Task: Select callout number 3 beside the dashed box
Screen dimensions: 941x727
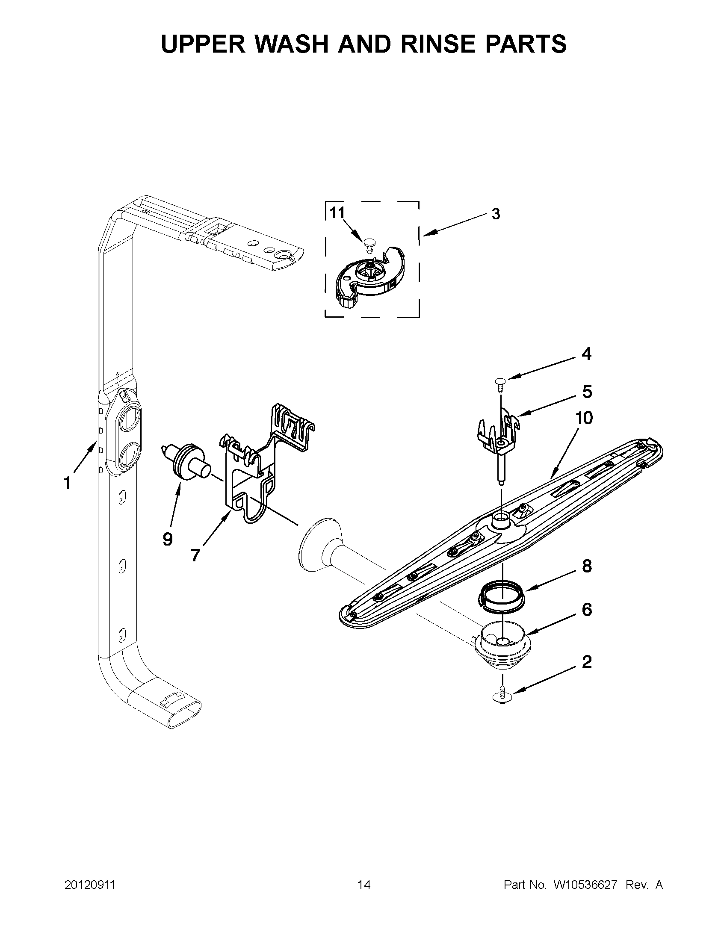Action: click(496, 214)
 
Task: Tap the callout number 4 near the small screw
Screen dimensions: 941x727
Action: click(586, 354)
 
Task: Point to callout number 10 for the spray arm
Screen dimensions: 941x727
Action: click(584, 418)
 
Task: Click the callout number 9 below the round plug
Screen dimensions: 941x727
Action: click(168, 539)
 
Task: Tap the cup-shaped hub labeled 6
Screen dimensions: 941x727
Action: click(502, 646)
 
